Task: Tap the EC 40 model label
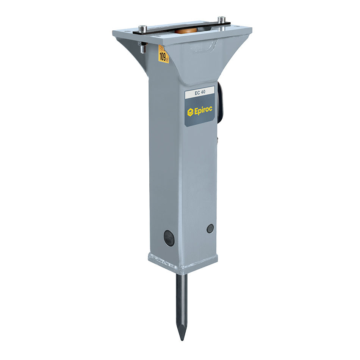199,92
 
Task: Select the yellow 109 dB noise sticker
163,54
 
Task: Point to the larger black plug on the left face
169,238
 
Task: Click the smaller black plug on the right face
210,228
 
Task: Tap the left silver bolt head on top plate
143,28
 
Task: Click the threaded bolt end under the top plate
143,47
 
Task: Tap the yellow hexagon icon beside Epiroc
190,111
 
